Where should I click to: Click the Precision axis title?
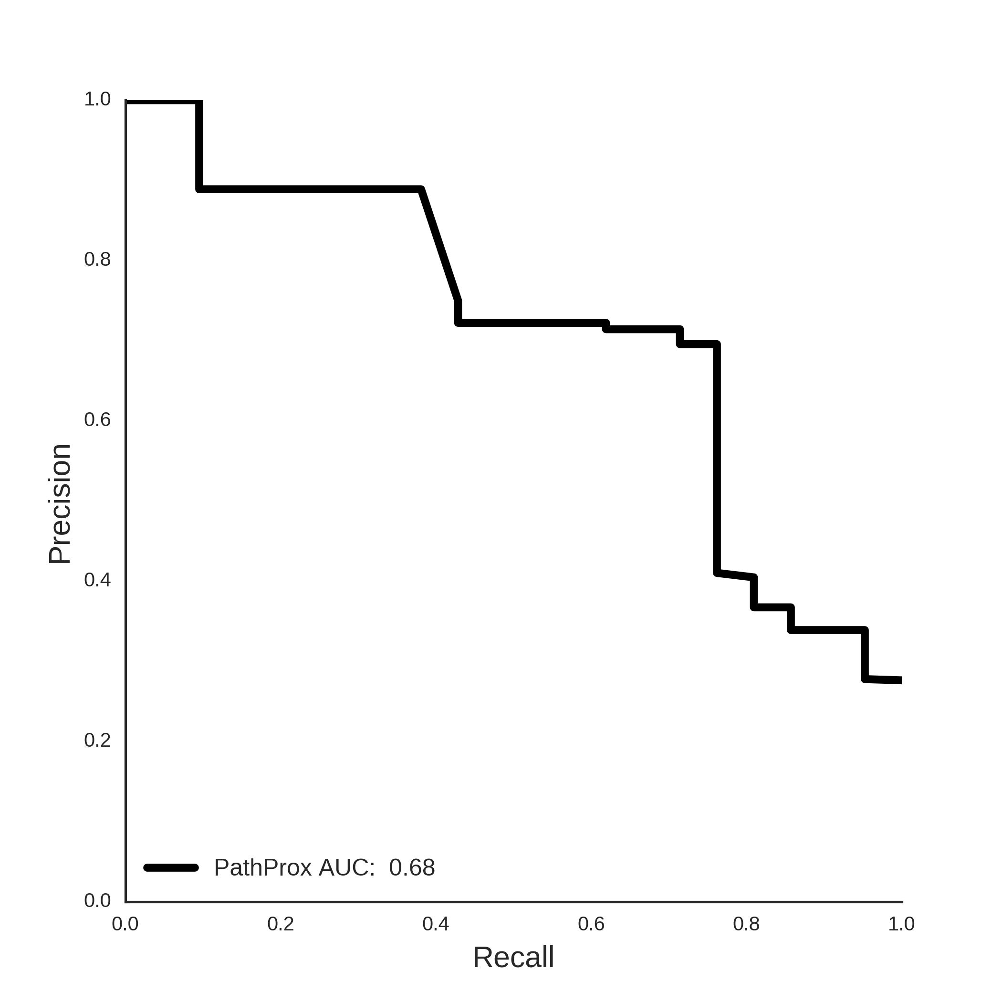pyautogui.click(x=60, y=504)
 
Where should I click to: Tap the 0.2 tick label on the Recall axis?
pyautogui.click(x=281, y=924)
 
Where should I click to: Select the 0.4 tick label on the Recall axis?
pyautogui.click(x=436, y=924)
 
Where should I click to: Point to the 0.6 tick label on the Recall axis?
pyautogui.click(x=591, y=924)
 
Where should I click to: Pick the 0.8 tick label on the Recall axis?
pyautogui.click(x=746, y=924)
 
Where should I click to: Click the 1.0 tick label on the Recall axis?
pyautogui.click(x=901, y=924)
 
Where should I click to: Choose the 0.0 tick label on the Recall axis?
pyautogui.click(x=125, y=924)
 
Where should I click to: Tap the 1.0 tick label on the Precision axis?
pyautogui.click(x=97, y=99)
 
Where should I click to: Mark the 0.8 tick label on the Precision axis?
pyautogui.click(x=97, y=259)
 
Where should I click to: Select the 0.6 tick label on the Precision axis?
pyautogui.click(x=97, y=419)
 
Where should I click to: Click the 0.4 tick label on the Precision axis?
pyautogui.click(x=97, y=580)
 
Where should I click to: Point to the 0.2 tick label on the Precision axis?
pyautogui.click(x=97, y=740)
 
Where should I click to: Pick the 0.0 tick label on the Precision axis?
pyautogui.click(x=97, y=900)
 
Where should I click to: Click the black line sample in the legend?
pyautogui.click(x=171, y=867)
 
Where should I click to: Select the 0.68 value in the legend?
pyautogui.click(x=412, y=867)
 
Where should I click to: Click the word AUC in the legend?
pyautogui.click(x=346, y=867)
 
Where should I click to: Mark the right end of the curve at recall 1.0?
pyautogui.click(x=901, y=680)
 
